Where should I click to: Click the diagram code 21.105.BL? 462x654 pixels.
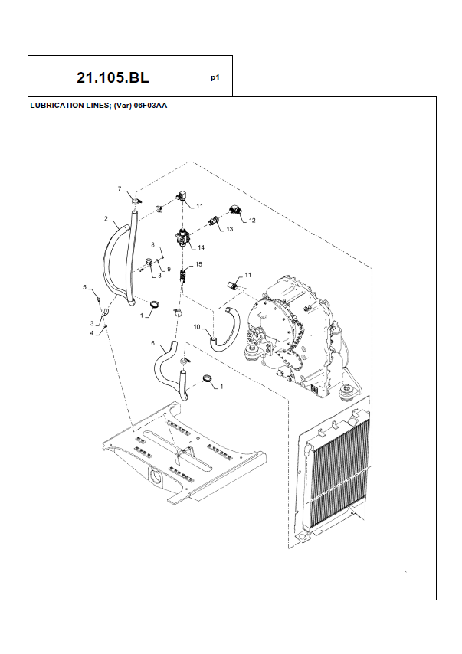pyautogui.click(x=113, y=77)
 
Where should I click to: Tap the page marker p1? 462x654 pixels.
pyautogui.click(x=215, y=77)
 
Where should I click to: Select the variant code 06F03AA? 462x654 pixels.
pyautogui.click(x=150, y=106)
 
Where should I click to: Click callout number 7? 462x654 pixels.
pyautogui.click(x=120, y=189)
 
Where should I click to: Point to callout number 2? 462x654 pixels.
pyautogui.click(x=106, y=218)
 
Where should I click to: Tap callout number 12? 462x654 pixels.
pyautogui.click(x=252, y=221)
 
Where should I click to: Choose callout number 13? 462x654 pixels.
pyautogui.click(x=230, y=229)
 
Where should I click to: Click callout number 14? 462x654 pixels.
pyautogui.click(x=202, y=248)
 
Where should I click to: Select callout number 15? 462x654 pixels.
pyautogui.click(x=198, y=264)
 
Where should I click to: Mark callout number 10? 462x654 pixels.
pyautogui.click(x=197, y=327)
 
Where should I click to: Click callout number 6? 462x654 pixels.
pyautogui.click(x=152, y=343)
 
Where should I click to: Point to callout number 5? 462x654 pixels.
pyautogui.click(x=85, y=287)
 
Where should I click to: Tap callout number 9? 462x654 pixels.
pyautogui.click(x=169, y=269)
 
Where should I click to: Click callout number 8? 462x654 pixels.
pyautogui.click(x=152, y=245)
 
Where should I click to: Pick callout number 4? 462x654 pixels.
pyautogui.click(x=92, y=333)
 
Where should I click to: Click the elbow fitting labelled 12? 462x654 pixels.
pyautogui.click(x=236, y=210)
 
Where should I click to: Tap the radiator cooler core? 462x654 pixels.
pyautogui.click(x=340, y=473)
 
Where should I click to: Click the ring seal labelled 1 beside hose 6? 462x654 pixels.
pyautogui.click(x=208, y=378)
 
